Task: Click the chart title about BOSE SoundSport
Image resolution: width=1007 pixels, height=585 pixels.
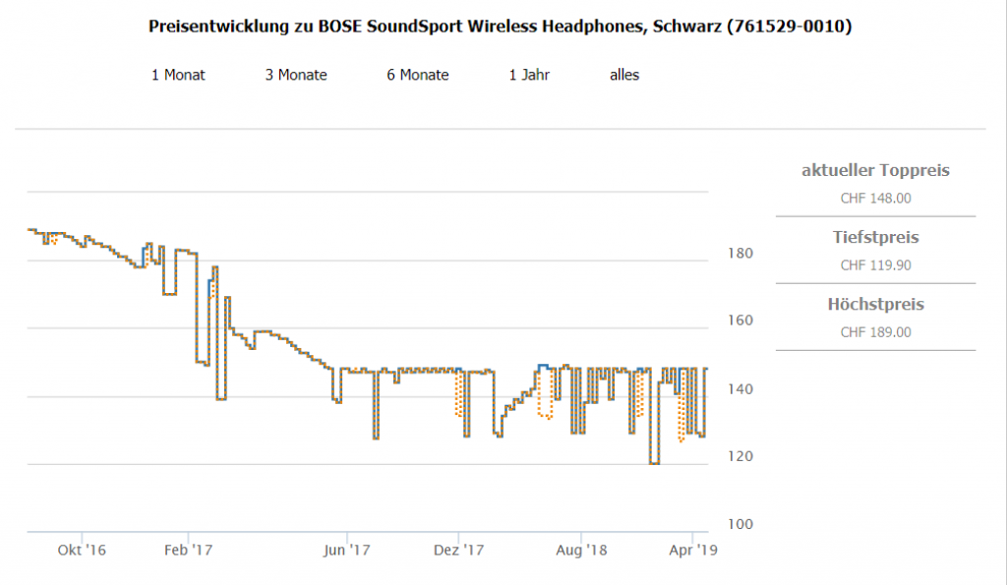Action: (x=500, y=27)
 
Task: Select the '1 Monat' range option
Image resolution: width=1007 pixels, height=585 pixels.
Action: (x=178, y=75)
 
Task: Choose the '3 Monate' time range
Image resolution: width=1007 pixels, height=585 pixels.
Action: (x=296, y=75)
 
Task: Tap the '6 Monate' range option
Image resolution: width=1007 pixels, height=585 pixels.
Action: (x=417, y=75)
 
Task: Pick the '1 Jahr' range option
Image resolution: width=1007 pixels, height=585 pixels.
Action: (x=529, y=75)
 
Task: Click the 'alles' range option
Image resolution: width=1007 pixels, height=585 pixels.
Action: (x=624, y=75)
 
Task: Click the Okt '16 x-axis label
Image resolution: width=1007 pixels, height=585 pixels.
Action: (x=82, y=550)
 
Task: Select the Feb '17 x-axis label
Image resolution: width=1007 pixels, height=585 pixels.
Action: (x=188, y=550)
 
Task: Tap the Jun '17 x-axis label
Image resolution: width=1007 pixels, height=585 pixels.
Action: (x=346, y=550)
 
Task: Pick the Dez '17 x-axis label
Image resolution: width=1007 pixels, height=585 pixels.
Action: (x=459, y=550)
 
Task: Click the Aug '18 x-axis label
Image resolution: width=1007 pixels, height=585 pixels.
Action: (x=583, y=550)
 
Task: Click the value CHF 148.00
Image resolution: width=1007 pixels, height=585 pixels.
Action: (x=875, y=198)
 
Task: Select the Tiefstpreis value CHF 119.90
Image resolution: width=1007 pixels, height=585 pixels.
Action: (x=875, y=264)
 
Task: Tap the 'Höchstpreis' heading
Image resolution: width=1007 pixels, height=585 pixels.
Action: (x=875, y=304)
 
